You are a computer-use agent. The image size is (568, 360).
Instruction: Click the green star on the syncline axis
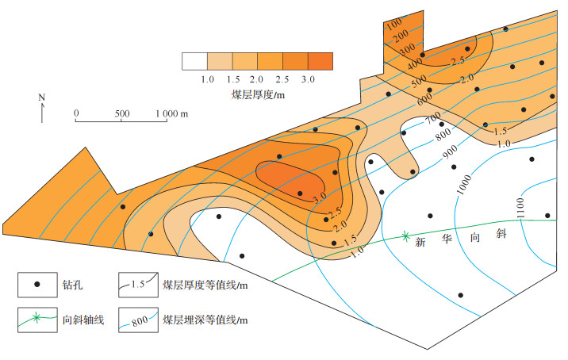click(405, 236)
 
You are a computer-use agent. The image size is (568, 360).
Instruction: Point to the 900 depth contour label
click(451, 150)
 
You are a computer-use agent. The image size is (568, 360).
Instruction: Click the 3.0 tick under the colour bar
click(308, 80)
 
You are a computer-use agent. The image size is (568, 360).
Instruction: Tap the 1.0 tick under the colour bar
click(208, 80)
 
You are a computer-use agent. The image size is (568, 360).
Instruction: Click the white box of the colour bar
click(194, 61)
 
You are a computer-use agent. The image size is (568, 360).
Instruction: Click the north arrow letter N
click(41, 98)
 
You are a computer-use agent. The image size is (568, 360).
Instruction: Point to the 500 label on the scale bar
click(121, 113)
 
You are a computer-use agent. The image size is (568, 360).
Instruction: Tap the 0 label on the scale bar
click(76, 113)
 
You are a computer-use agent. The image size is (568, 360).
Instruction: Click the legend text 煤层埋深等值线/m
click(205, 320)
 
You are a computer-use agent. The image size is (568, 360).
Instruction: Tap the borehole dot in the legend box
click(36, 283)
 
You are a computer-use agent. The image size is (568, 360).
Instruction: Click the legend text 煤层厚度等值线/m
click(205, 283)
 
